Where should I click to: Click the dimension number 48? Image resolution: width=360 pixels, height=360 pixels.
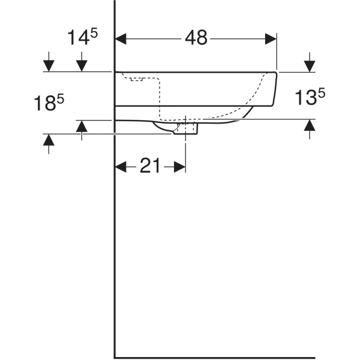(196, 38)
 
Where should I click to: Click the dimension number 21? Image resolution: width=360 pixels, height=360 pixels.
(149, 166)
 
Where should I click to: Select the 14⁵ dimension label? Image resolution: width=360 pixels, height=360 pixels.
(82, 37)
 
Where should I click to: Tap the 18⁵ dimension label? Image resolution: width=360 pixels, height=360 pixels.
(49, 103)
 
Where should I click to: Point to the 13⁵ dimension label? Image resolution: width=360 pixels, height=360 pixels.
(310, 97)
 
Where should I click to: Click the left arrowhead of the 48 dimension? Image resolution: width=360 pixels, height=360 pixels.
(121, 39)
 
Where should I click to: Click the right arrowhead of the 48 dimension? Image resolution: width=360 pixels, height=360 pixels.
(271, 39)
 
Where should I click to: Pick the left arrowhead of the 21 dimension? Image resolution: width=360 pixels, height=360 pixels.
(121, 167)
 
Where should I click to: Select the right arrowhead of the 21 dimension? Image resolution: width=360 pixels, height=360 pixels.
(179, 167)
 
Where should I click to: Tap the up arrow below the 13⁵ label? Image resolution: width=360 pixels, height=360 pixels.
(310, 129)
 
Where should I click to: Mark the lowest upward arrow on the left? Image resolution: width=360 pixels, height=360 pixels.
(49, 144)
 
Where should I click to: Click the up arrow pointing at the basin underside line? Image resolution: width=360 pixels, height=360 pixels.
(82, 130)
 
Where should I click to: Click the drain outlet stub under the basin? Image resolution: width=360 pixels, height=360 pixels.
(185, 128)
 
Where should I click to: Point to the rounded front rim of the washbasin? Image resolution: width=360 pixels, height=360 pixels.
(275, 89)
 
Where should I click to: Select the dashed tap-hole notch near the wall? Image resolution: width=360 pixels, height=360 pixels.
(137, 79)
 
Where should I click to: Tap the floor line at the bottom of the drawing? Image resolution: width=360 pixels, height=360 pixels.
(215, 358)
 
